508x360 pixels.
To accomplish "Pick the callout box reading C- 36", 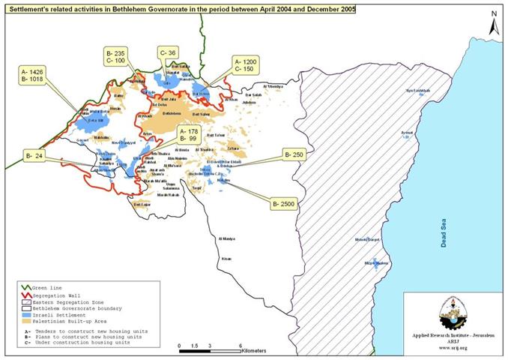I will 167,53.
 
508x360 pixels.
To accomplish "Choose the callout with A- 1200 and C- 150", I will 248,65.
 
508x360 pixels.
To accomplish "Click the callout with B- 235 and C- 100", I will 118,58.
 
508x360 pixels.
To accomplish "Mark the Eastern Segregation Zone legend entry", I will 63,301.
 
